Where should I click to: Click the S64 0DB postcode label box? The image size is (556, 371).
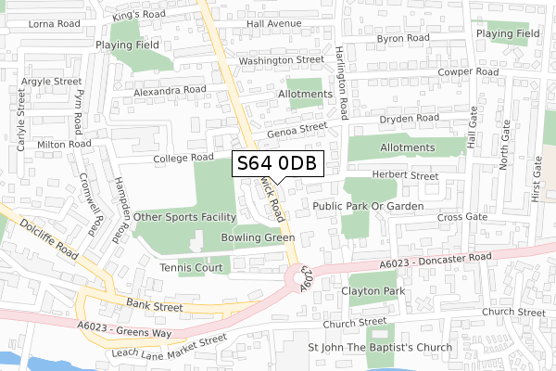pos(277,163)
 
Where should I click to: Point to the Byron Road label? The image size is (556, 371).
pos(403,38)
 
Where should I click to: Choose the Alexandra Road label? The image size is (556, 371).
pos(169,90)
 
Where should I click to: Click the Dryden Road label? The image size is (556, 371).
pos(409,119)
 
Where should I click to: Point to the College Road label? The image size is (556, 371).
pos(183,158)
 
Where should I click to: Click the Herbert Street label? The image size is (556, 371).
pos(404,175)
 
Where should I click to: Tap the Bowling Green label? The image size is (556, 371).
pos(258,238)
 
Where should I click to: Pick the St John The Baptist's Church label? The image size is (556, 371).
pos(380,347)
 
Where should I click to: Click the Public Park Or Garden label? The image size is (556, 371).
pos(368,205)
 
